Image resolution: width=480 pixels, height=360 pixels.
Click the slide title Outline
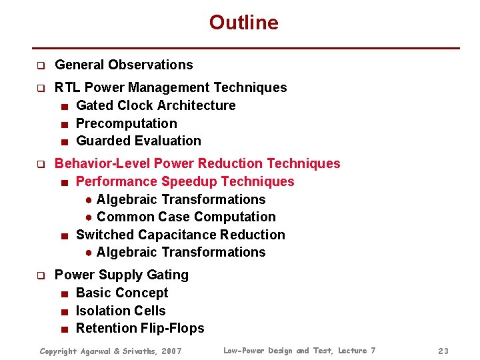click(x=243, y=23)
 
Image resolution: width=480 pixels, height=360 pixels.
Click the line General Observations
click(x=123, y=65)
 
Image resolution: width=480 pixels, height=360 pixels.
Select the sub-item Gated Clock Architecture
click(x=155, y=105)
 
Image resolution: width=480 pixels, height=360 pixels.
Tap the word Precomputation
click(x=127, y=123)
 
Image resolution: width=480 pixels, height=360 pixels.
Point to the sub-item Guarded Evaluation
click(x=138, y=141)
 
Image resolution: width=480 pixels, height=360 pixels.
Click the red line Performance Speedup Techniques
click(x=185, y=181)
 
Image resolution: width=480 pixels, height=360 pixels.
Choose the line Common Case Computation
click(x=186, y=217)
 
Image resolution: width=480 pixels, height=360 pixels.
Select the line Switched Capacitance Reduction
click(x=180, y=235)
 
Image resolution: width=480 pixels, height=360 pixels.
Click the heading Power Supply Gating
click(x=121, y=275)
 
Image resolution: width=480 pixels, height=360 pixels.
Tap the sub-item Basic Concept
click(x=122, y=293)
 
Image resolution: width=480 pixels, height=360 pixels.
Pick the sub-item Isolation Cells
click(x=121, y=311)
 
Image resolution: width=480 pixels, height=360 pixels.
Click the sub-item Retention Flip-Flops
click(x=140, y=328)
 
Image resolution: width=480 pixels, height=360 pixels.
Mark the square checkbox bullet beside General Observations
click(x=40, y=66)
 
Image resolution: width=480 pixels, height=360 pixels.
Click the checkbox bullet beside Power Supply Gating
click(x=40, y=275)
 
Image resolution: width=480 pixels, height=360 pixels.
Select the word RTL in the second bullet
click(x=67, y=87)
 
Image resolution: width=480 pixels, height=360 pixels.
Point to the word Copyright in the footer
click(x=60, y=351)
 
